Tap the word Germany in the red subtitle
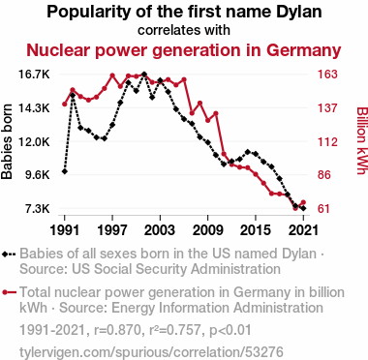pyautogui.click(x=304, y=51)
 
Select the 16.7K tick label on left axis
pyautogui.click(x=34, y=75)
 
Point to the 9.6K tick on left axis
pyautogui.click(x=38, y=175)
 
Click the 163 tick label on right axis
pyautogui.click(x=327, y=75)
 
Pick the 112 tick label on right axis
pyautogui.click(x=327, y=141)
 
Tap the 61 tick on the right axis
pyautogui.click(x=324, y=209)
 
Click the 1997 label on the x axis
pyautogui.click(x=112, y=230)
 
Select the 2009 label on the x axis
pyautogui.click(x=208, y=230)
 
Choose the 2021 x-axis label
pyautogui.click(x=303, y=230)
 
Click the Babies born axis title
pyautogui.click(x=7, y=141)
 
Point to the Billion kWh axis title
pyautogui.click(x=361, y=140)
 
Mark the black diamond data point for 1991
pyautogui.click(x=65, y=171)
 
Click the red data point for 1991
pyautogui.click(x=65, y=104)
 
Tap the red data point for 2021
pyautogui.click(x=303, y=202)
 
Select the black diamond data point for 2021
pyautogui.click(x=303, y=208)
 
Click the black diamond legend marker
pyautogui.click(x=9, y=254)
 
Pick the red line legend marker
pyautogui.click(x=9, y=292)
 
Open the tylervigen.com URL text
pyautogui.click(x=151, y=352)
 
